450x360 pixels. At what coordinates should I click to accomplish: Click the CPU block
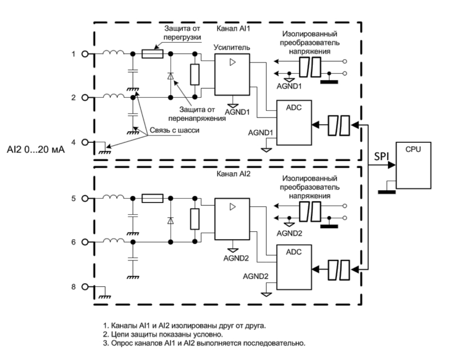click(413, 165)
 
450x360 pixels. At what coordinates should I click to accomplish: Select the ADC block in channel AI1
click(294, 123)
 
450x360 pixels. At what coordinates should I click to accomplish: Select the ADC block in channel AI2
click(294, 267)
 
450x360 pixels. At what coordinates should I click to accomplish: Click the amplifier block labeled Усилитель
click(232, 74)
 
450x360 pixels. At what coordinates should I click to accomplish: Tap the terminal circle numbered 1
click(85, 53)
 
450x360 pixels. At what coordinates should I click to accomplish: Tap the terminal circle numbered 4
click(85, 142)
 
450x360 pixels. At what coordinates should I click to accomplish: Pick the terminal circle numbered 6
click(85, 242)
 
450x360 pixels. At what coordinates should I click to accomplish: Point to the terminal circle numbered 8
click(85, 286)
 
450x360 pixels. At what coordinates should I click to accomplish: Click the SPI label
click(381, 156)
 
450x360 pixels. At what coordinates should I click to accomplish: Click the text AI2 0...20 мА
click(36, 150)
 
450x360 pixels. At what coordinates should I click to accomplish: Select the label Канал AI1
click(233, 29)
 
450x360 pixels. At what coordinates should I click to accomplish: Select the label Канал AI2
click(233, 174)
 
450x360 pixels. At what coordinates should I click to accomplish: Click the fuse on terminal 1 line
click(152, 53)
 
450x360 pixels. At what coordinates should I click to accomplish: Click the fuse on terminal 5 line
click(152, 199)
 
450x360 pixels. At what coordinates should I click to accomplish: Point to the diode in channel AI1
click(170, 76)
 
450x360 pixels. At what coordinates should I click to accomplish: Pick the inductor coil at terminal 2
click(114, 96)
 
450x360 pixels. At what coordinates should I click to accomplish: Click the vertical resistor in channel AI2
click(195, 219)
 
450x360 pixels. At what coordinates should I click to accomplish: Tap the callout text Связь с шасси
click(174, 130)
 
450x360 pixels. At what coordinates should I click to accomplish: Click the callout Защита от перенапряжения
click(197, 114)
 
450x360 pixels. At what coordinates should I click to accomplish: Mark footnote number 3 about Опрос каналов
click(204, 343)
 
